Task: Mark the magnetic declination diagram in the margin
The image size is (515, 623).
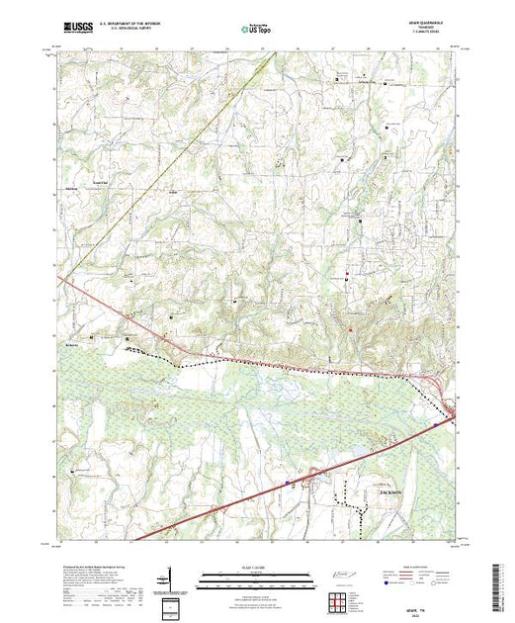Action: click(173, 579)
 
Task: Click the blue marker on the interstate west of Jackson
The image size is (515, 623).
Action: click(288, 483)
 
